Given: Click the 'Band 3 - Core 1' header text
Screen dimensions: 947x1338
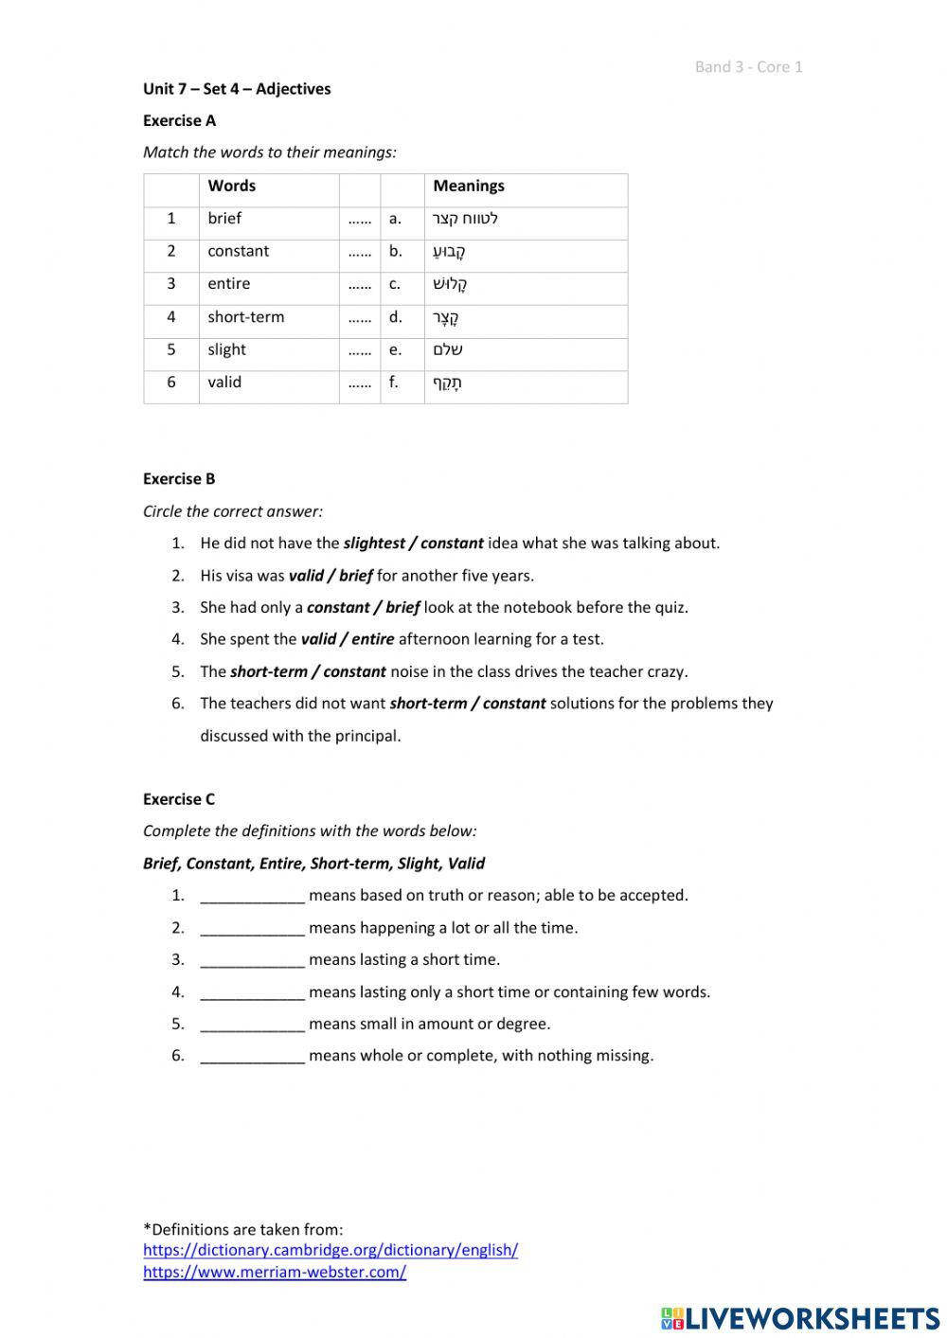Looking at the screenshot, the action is pyautogui.click(x=748, y=66).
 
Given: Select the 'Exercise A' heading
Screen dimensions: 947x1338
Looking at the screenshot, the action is pyautogui.click(x=179, y=120).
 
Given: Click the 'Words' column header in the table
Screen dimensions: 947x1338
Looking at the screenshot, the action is pyautogui.click(x=231, y=186).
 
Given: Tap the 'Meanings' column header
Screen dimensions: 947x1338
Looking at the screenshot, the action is pyautogui.click(x=468, y=186).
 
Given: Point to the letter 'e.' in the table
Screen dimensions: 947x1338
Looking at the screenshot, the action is pyautogui.click(x=395, y=349).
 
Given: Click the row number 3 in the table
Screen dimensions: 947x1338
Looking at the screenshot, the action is pyautogui.click(x=171, y=284).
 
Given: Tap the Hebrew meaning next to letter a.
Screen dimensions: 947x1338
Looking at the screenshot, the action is pyautogui.click(x=465, y=219).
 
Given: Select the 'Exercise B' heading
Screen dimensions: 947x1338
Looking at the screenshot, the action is pyautogui.click(x=179, y=479).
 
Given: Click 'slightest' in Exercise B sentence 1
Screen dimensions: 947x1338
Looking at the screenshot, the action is pyautogui.click(x=373, y=544).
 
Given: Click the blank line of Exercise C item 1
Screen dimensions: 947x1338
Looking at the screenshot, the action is pyautogui.click(x=252, y=896).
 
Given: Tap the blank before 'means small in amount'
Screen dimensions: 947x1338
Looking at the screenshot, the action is pyautogui.click(x=252, y=1024).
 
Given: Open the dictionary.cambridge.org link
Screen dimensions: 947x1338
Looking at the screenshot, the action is pyautogui.click(x=331, y=1250).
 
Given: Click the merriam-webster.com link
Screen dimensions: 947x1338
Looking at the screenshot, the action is pyautogui.click(x=275, y=1273).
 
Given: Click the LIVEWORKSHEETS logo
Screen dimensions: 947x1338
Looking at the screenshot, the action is pyautogui.click(x=800, y=1318).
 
